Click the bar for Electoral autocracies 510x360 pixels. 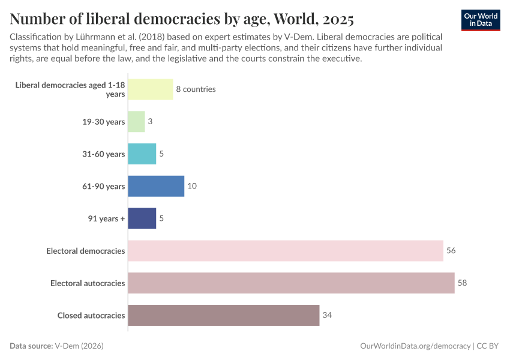click(291, 283)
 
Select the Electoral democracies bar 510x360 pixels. click(286, 251)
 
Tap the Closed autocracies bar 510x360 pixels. click(223, 315)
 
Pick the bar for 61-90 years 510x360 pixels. click(156, 186)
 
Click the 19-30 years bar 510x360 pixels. click(136, 122)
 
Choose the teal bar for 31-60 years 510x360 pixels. click(142, 154)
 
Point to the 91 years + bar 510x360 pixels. click(142, 218)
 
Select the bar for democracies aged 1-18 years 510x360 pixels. click(151, 89)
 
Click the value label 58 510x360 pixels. click(462, 283)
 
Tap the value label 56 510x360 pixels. click(451, 251)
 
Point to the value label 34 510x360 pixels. click(327, 315)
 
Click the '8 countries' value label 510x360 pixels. click(196, 89)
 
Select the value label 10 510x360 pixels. click(192, 186)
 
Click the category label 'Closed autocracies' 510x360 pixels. click(91, 315)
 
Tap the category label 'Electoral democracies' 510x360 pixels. click(86, 251)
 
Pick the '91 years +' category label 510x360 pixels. click(106, 218)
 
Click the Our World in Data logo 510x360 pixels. click(481, 20)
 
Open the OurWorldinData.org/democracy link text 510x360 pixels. click(415, 346)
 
